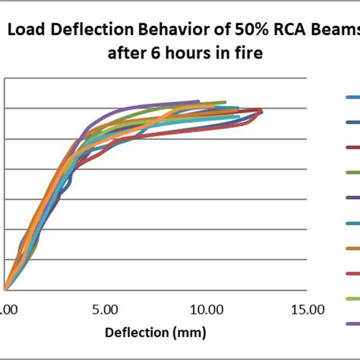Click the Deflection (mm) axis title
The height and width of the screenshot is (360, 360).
click(x=153, y=333)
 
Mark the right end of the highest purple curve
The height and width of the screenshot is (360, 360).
click(x=198, y=101)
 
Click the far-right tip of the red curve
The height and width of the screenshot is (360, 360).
click(x=262, y=111)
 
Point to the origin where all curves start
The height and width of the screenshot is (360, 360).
click(x=5, y=289)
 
